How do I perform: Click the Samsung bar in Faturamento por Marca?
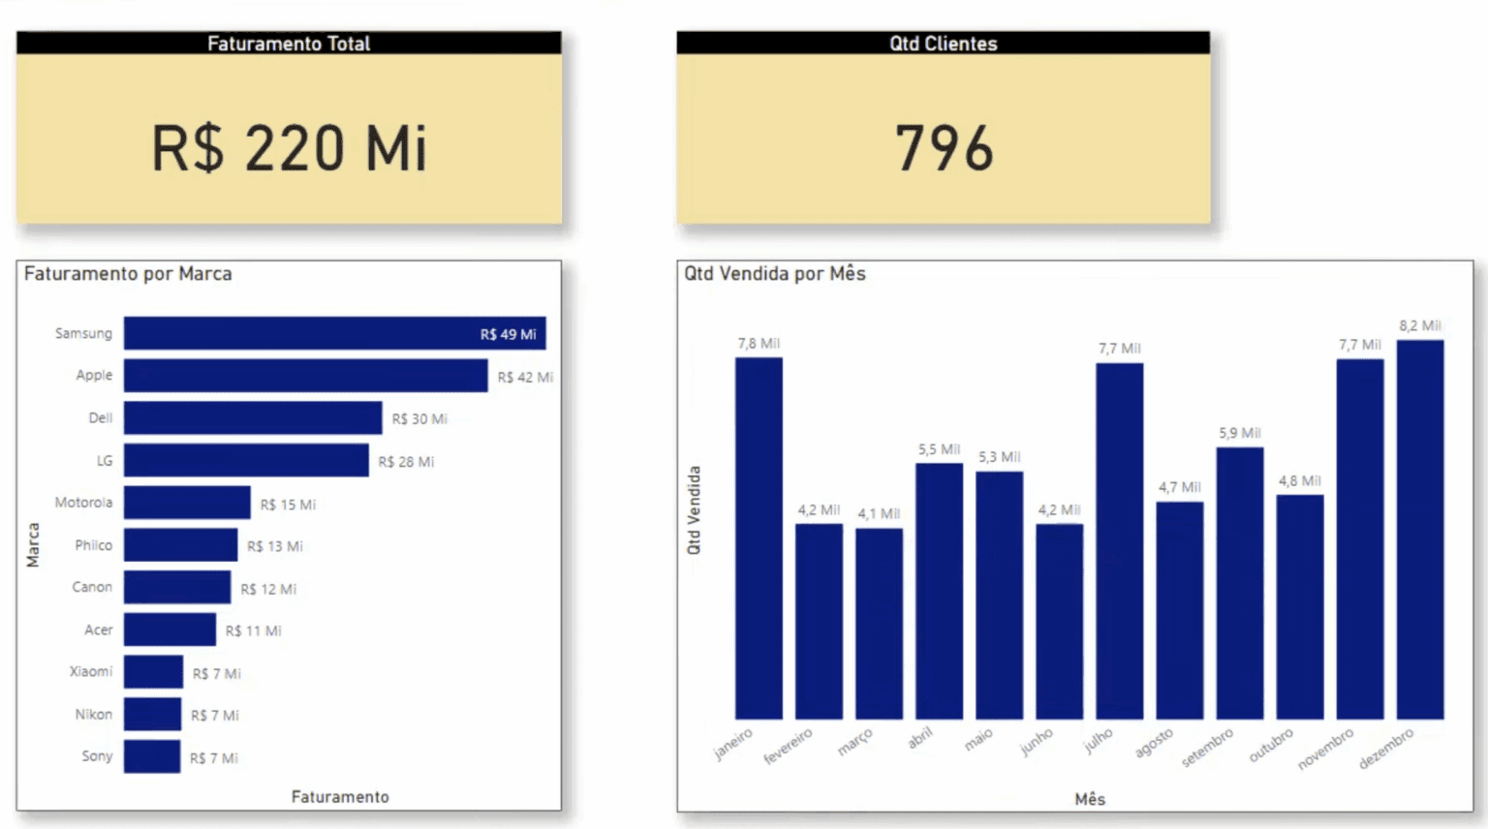pos(300,333)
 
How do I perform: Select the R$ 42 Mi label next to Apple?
pos(525,377)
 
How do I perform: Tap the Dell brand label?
pos(101,418)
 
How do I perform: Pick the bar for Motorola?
pos(187,503)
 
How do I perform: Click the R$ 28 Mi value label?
pos(406,462)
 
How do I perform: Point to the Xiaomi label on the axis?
pos(91,671)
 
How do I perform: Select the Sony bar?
pos(152,756)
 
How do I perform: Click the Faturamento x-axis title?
pos(340,797)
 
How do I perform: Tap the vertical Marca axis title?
pos(33,545)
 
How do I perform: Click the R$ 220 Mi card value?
pos(289,148)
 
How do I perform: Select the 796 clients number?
pos(944,148)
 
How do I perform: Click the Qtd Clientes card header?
pos(943,44)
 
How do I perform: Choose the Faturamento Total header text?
pos(289,44)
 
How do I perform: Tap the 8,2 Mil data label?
pos(1419,326)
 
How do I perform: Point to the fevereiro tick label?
pos(789,747)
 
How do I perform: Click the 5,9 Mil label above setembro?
pos(1239,433)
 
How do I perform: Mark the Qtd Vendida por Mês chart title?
pos(775,274)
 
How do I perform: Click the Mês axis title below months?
pos(1090,799)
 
